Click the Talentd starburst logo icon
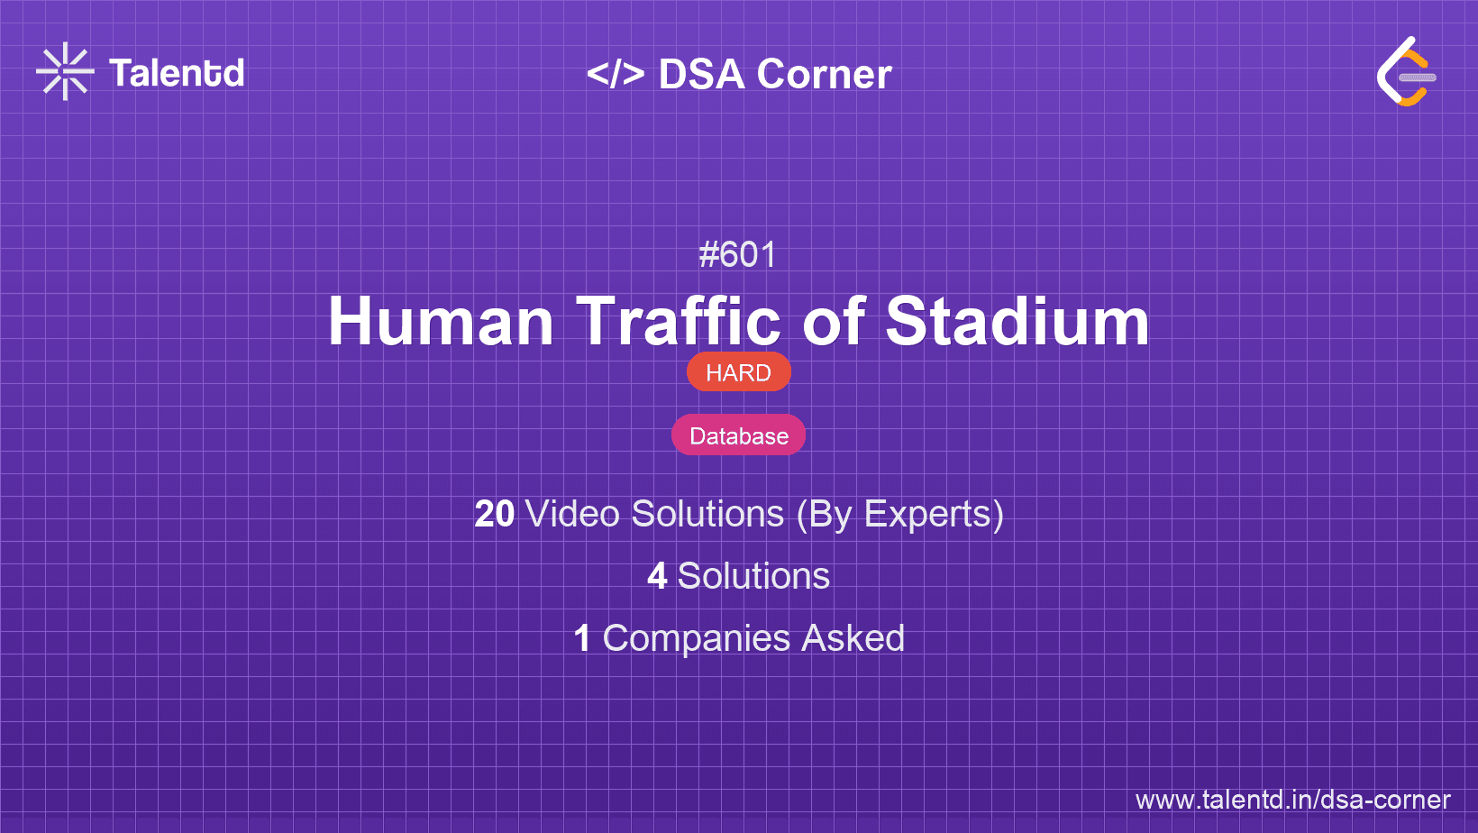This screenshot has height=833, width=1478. (65, 71)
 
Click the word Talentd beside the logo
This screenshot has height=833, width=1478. (177, 73)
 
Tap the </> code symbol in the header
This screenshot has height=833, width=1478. (616, 73)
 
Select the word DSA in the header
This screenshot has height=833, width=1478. (701, 73)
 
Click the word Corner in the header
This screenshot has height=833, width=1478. (824, 73)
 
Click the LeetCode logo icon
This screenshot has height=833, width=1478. (1406, 71)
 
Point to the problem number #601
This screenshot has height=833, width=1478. (738, 254)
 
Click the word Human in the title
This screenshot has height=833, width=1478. (441, 321)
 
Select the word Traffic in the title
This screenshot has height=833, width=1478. (679, 321)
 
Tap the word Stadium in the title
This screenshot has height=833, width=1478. (1017, 321)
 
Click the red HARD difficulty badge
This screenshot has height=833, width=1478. (738, 372)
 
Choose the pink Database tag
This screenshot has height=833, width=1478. (738, 435)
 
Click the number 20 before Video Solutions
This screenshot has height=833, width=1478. (494, 514)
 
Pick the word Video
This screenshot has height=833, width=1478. (572, 514)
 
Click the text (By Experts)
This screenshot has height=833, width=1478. (900, 515)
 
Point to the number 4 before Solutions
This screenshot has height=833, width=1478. (657, 576)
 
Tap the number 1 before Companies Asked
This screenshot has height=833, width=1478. (582, 638)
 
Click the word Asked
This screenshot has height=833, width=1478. (853, 638)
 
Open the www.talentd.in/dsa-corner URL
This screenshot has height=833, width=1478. (1292, 800)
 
